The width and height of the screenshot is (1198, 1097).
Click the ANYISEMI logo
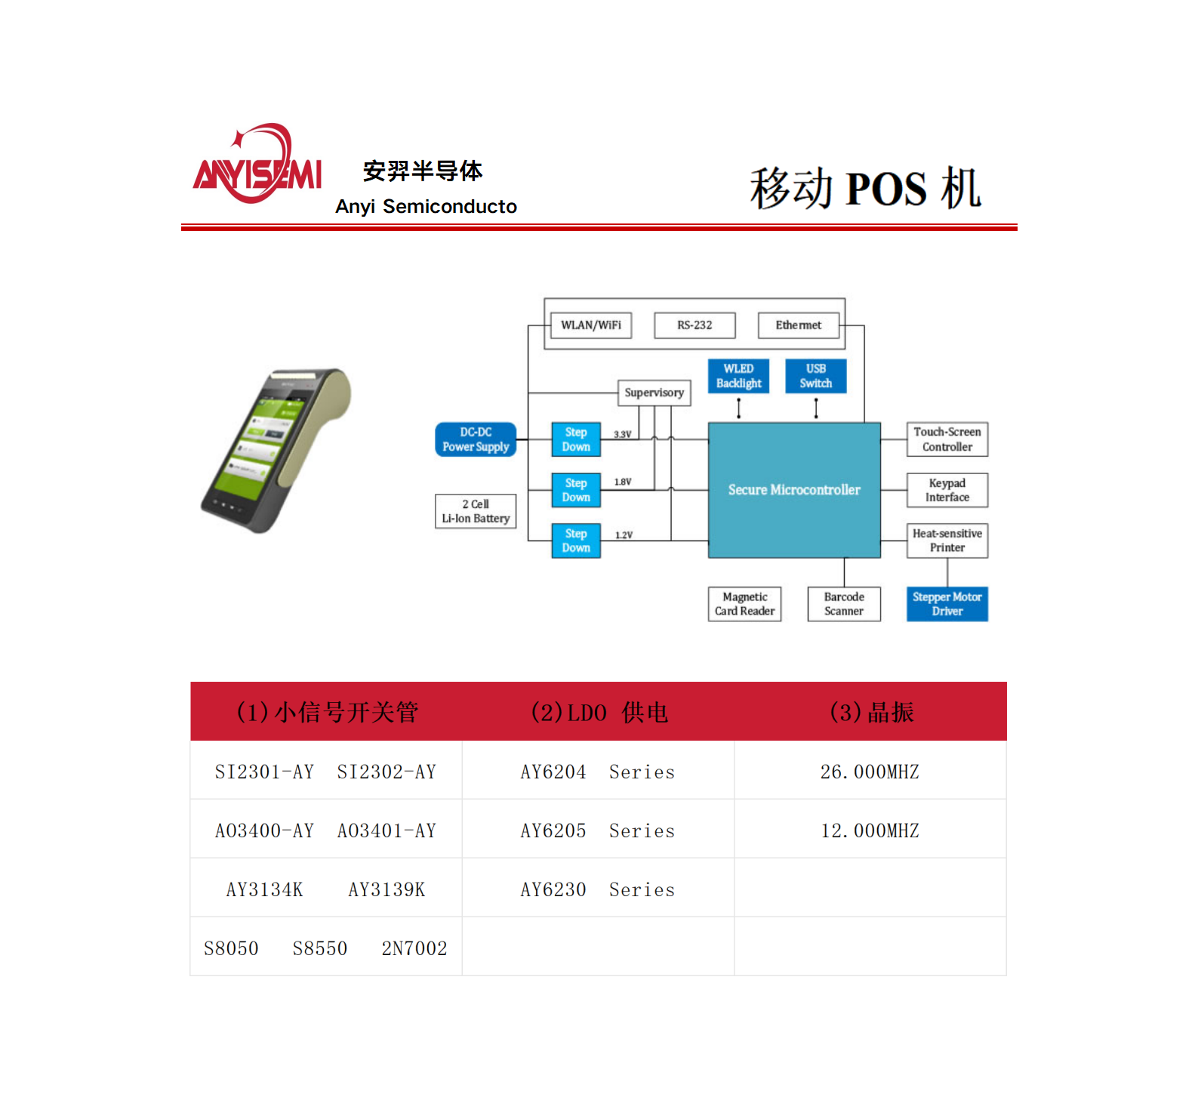[x=257, y=165]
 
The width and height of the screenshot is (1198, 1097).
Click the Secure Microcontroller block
[x=794, y=490]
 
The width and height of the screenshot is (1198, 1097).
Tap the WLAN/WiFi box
[x=591, y=325]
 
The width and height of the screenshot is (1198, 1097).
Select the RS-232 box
[x=694, y=325]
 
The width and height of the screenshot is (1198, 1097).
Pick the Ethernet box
[x=798, y=325]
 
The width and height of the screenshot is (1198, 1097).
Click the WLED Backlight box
[x=738, y=376]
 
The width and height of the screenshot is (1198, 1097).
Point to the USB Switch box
[x=815, y=376]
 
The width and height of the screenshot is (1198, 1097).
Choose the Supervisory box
[x=654, y=393]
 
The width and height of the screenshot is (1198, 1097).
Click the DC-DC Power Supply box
[x=476, y=439]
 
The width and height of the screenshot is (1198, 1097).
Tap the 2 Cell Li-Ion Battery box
[x=476, y=511]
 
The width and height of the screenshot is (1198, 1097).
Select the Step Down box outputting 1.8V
[x=576, y=490]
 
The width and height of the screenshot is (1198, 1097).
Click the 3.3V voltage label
[x=622, y=435]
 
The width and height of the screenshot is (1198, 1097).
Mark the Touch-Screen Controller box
[x=947, y=439]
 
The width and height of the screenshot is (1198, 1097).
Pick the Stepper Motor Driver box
[x=947, y=604]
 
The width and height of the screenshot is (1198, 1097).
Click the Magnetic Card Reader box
[x=744, y=604]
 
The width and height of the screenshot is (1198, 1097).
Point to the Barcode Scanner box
[x=844, y=604]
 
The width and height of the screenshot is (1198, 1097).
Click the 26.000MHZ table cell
[x=870, y=772]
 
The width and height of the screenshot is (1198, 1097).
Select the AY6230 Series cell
[x=597, y=889]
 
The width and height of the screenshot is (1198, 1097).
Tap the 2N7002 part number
[x=414, y=948]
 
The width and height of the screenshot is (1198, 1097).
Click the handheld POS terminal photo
[x=276, y=450]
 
